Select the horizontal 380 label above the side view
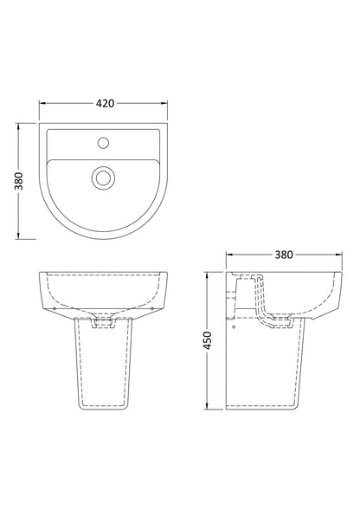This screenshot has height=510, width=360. [283, 255]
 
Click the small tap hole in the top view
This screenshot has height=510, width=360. [103, 141]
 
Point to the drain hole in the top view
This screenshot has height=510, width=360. [103, 178]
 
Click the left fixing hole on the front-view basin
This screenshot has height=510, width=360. [55, 307]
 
